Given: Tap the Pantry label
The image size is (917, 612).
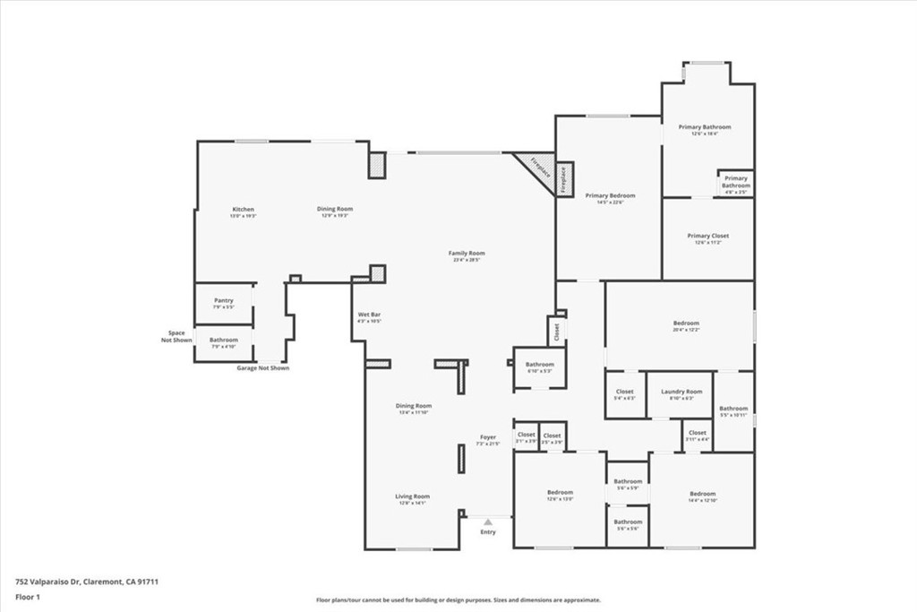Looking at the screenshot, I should (224, 303).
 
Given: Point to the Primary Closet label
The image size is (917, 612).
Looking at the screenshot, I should (707, 238).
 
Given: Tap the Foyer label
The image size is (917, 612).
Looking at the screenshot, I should (486, 440).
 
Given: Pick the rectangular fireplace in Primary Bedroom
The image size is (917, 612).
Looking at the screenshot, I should (564, 179).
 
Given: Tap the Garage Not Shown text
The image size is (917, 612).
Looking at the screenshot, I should (262, 368).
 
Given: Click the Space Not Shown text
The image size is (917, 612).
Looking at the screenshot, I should (176, 336).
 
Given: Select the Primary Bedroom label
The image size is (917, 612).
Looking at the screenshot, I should (610, 198).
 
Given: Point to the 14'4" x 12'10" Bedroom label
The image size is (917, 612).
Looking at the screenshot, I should (702, 496).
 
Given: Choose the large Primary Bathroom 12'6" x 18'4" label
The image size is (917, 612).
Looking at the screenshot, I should (705, 130).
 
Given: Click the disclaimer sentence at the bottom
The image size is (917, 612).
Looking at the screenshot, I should (458, 600).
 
